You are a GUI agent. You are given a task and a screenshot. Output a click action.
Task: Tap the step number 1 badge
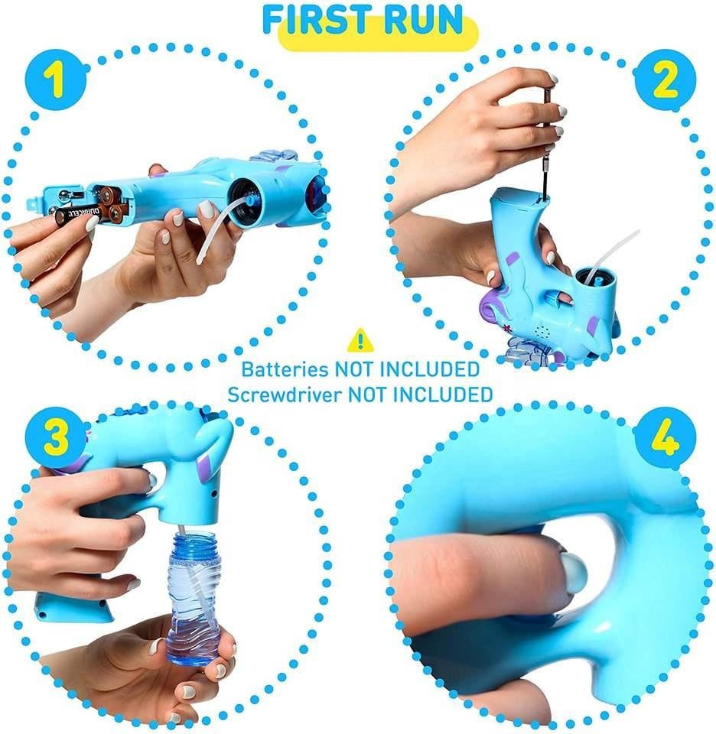[x=56, y=80]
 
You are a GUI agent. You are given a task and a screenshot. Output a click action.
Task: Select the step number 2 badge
[x=665, y=80]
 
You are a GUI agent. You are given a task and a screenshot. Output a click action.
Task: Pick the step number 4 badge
[x=666, y=437]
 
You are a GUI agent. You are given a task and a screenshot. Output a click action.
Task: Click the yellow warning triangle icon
[x=360, y=339]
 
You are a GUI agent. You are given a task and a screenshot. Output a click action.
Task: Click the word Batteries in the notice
[x=285, y=369]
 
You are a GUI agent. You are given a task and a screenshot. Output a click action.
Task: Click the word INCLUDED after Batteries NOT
[x=430, y=369]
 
